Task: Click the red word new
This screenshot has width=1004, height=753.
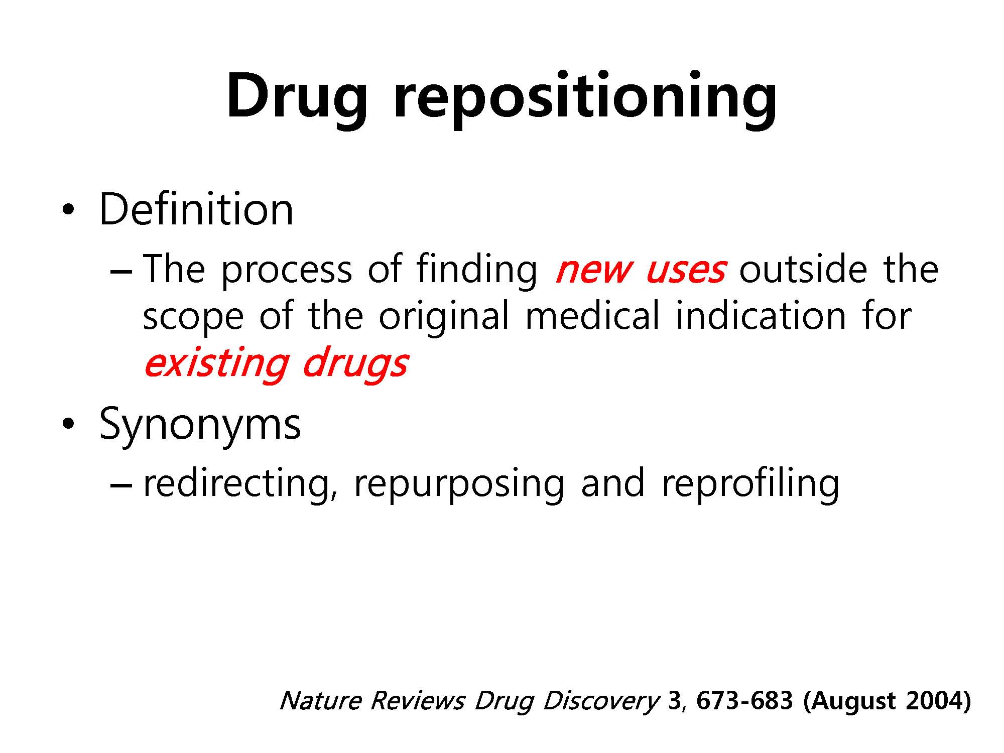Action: (593, 270)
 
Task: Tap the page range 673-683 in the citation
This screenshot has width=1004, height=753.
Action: (745, 700)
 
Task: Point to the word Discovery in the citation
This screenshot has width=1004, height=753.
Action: (600, 701)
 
